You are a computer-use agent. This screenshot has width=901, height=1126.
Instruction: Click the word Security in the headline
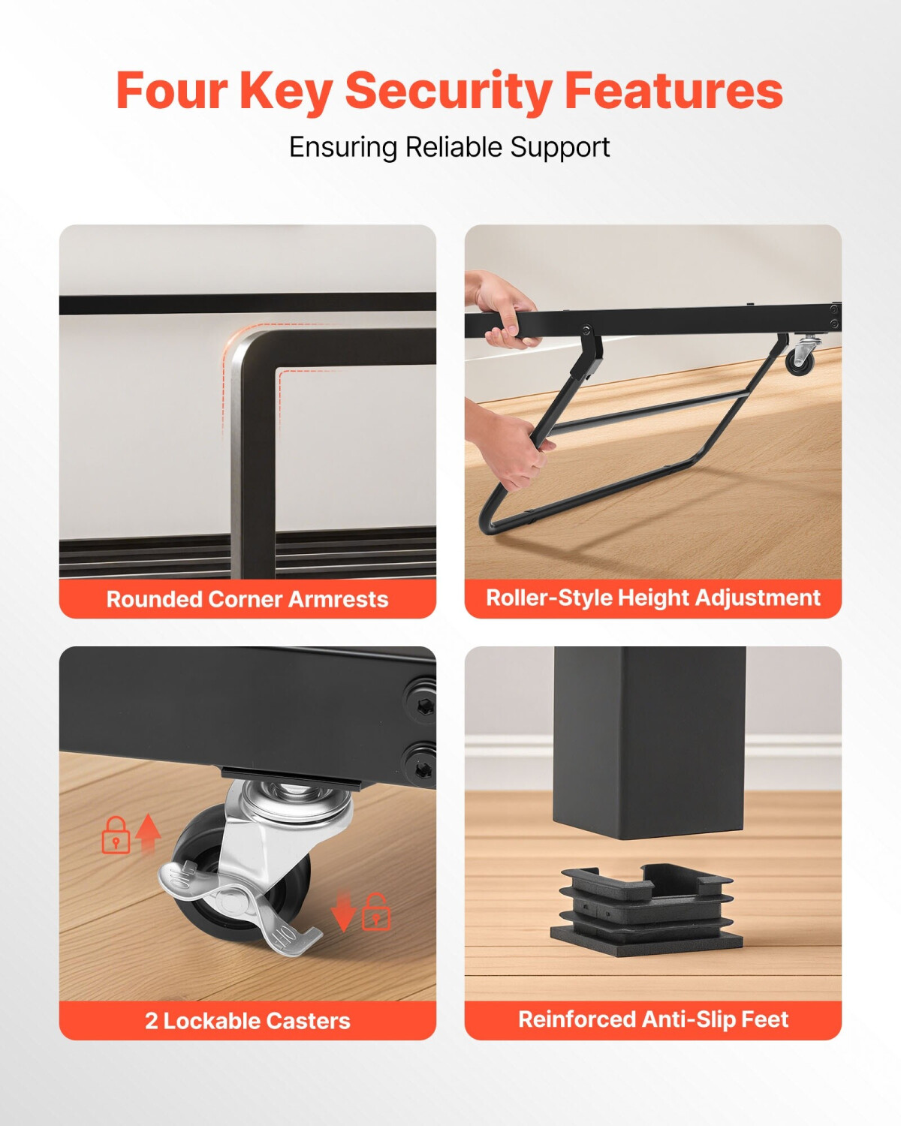(x=449, y=92)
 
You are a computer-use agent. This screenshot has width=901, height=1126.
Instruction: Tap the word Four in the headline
(x=171, y=91)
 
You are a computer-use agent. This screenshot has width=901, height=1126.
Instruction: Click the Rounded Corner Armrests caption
(x=247, y=599)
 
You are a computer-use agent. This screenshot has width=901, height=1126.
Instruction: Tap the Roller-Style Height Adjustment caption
(x=652, y=598)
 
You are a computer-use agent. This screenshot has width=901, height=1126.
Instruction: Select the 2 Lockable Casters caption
(x=247, y=1021)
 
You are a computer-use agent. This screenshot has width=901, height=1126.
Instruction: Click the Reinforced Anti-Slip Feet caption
(x=652, y=1019)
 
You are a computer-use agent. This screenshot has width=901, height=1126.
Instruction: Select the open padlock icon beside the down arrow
(x=376, y=911)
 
